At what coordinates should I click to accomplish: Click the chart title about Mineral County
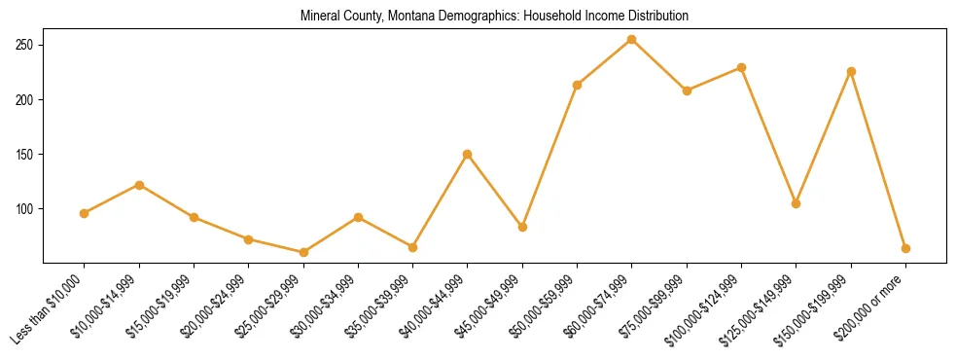(495, 17)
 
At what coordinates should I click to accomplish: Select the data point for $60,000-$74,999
(632, 40)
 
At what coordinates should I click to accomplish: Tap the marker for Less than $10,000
(85, 213)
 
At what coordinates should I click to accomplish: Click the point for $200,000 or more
(905, 248)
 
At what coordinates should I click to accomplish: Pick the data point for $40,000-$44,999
(468, 154)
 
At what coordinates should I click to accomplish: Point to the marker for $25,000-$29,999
(303, 252)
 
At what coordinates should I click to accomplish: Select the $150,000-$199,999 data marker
(851, 71)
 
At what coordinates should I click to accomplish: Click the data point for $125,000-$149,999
(797, 203)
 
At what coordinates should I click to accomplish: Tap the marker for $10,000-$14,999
(139, 185)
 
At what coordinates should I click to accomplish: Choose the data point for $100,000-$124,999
(741, 67)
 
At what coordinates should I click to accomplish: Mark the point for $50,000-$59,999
(578, 85)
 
